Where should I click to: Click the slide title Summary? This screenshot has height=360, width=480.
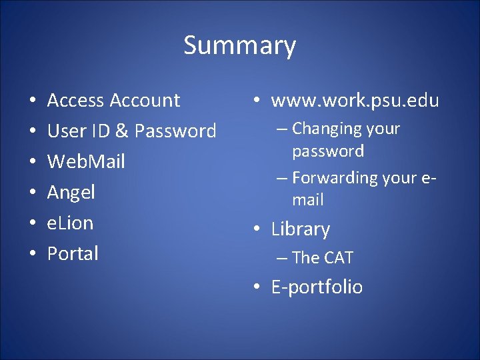tap(239, 46)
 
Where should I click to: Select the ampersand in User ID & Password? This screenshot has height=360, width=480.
tap(121, 131)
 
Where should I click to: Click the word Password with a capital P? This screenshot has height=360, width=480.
tap(175, 131)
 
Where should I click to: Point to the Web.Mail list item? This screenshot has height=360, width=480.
tap(86, 162)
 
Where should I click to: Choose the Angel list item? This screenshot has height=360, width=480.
tap(71, 193)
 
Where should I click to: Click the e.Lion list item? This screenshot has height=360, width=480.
tap(70, 223)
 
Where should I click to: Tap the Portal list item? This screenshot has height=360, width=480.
tap(73, 253)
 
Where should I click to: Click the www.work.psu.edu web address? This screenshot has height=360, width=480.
tap(355, 101)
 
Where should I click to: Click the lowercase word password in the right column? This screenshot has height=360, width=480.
tap(328, 151)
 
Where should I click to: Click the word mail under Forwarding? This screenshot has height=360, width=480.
tap(307, 199)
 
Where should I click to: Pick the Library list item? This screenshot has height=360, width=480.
tap(300, 229)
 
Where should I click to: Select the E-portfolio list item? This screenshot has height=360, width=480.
tap(317, 287)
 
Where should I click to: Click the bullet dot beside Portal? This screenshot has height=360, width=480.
tap(33, 254)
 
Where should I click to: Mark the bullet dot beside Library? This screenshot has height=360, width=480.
tap(257, 230)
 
